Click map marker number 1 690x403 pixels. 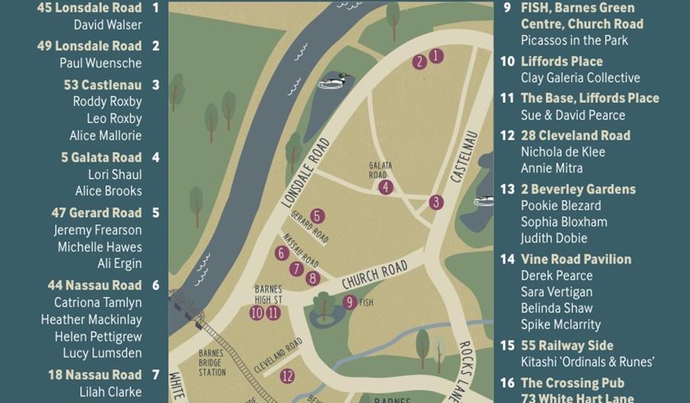point(436,55)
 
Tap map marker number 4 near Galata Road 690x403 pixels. point(385,187)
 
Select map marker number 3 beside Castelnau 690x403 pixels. point(436,202)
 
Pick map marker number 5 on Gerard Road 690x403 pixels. point(317,216)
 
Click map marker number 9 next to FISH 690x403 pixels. point(350,302)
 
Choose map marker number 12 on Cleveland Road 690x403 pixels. point(287,376)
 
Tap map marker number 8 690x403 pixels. point(312,279)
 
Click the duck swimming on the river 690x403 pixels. point(334,81)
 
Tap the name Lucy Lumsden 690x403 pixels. point(102,353)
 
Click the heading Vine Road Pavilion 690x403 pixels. point(576,259)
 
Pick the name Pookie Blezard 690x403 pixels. point(560,205)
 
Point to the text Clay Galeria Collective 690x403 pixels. point(580,78)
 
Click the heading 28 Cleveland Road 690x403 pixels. point(575,135)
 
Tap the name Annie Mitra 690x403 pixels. point(551,168)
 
